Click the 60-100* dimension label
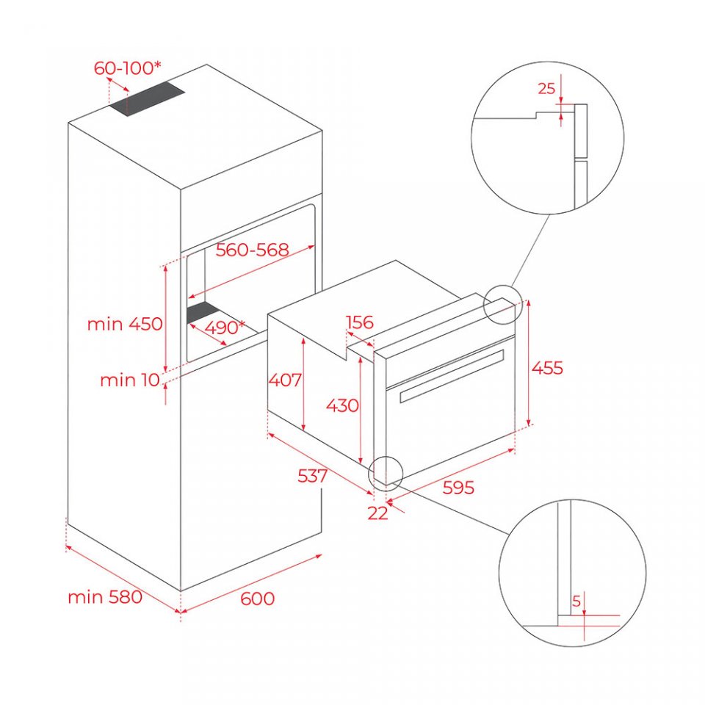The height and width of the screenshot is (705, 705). (127, 68)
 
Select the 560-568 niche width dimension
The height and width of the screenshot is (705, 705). (252, 250)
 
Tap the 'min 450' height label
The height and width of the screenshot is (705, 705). (125, 324)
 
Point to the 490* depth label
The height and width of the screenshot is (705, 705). (225, 328)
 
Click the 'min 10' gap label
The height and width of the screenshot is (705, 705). (130, 380)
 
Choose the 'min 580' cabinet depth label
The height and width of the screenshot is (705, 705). (105, 597)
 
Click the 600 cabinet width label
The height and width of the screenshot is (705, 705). (257, 599)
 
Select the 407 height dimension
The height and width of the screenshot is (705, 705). (285, 380)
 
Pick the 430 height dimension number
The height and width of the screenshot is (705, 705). (342, 405)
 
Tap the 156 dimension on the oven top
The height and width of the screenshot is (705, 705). (359, 322)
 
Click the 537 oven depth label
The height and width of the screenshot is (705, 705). (313, 475)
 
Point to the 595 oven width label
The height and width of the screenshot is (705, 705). (458, 488)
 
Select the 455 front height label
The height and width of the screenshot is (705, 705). (547, 368)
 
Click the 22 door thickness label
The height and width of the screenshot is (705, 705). (377, 513)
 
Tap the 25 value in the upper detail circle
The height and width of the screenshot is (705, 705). (546, 89)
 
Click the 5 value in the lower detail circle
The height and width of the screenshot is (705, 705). (576, 601)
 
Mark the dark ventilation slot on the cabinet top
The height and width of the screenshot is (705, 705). (147, 99)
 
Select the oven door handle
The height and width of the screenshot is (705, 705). (452, 376)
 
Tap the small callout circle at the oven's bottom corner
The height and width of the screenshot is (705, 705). (386, 456)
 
